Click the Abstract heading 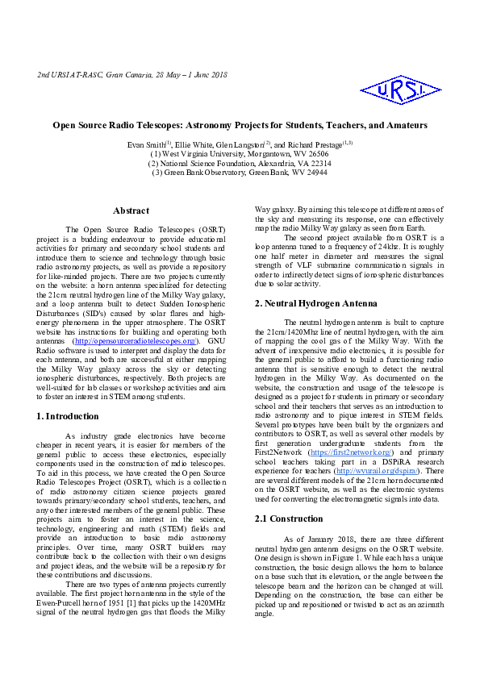tap(131, 210)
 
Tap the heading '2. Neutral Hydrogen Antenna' tap(315, 303)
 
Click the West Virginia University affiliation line tap(240, 153)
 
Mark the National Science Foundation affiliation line tap(240, 163)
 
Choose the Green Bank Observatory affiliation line tap(240, 173)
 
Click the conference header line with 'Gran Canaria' tap(132, 75)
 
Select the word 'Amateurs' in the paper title tap(403, 126)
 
